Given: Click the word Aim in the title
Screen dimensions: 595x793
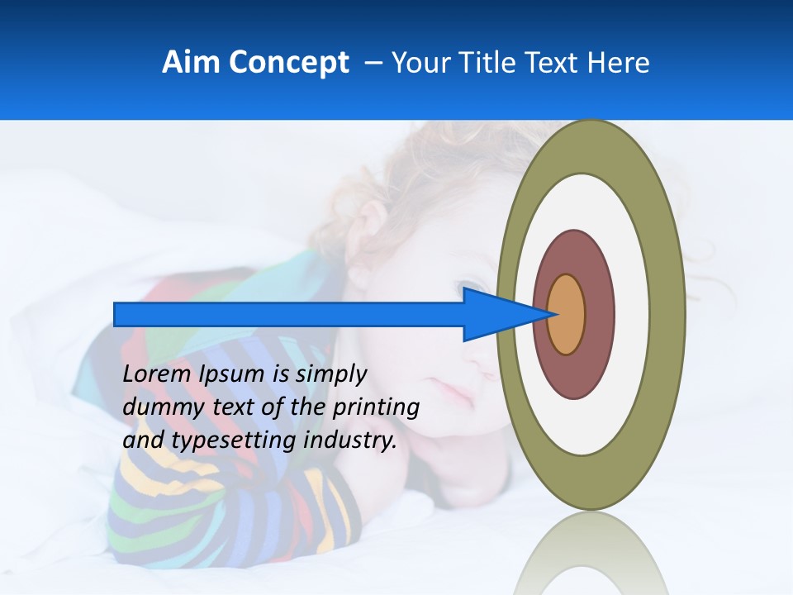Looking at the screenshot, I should (191, 63).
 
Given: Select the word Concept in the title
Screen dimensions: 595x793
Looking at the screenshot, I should (288, 63).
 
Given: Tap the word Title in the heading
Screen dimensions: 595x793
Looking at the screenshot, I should (487, 63).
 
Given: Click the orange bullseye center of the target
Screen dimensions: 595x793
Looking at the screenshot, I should (567, 315).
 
